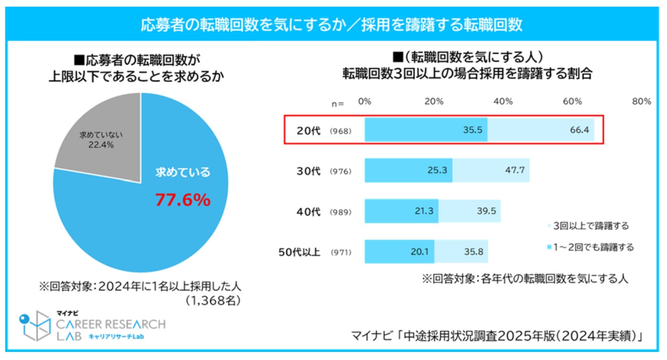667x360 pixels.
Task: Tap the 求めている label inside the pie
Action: [x=182, y=172]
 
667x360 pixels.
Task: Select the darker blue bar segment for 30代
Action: [x=408, y=170]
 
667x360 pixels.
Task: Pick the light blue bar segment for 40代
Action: [x=469, y=210]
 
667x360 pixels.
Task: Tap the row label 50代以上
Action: [x=299, y=251]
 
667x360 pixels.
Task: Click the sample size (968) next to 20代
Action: [x=340, y=130]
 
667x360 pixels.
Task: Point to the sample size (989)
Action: [x=340, y=211]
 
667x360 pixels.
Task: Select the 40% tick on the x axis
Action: [x=503, y=101]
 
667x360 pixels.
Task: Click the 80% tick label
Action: [x=641, y=101]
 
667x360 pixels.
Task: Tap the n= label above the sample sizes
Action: [x=338, y=103]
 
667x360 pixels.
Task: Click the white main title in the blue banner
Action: [x=332, y=25]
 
